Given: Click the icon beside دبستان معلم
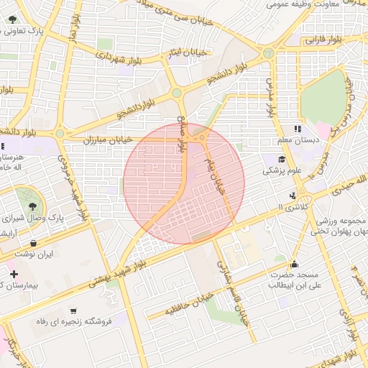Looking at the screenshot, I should [296, 129].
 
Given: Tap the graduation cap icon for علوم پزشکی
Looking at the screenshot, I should [282, 159].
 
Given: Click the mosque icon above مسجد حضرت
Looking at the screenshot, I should [293, 263].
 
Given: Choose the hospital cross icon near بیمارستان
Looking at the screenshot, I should [13, 274].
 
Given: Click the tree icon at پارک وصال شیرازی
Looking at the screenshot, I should [29, 195].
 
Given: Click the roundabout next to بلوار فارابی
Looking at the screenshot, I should [268, 52].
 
